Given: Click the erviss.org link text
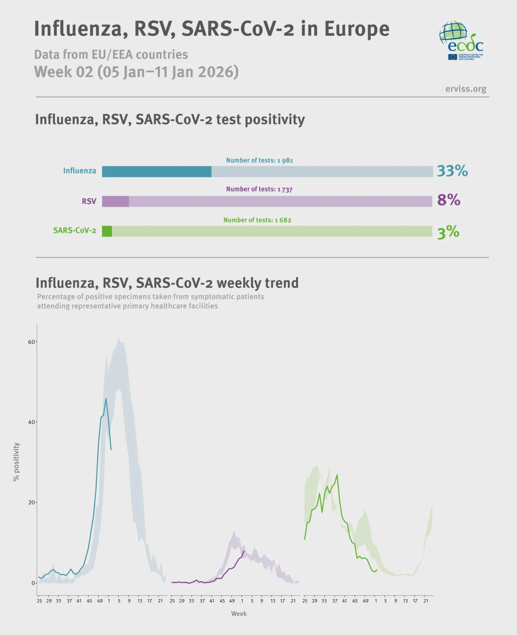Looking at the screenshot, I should click(x=466, y=89).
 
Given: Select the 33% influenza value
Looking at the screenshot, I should click(x=452, y=171).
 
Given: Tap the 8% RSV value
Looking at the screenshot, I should click(x=448, y=200).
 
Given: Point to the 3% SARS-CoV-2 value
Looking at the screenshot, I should click(x=448, y=232).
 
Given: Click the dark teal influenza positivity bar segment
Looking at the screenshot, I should click(x=156, y=172).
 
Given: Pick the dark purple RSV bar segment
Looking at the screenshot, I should click(x=115, y=201).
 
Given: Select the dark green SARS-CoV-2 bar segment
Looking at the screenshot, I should click(x=107, y=231).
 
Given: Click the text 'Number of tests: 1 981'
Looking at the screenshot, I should click(x=259, y=160).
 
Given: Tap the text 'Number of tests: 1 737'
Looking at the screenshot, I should click(x=259, y=189).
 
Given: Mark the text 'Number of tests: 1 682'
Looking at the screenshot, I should click(x=257, y=220).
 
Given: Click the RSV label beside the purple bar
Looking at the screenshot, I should click(x=89, y=201).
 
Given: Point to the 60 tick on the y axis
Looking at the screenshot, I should click(x=31, y=342).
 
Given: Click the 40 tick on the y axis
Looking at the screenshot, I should click(x=31, y=422).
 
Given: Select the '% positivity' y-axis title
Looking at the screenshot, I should click(x=16, y=461).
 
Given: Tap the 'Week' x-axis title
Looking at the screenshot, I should click(x=239, y=613).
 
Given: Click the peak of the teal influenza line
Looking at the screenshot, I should click(x=106, y=398).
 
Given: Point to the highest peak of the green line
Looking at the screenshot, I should click(x=337, y=475).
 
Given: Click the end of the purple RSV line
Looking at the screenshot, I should click(x=244, y=551).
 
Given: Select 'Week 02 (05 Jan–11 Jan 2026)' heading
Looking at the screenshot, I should click(x=136, y=72).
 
